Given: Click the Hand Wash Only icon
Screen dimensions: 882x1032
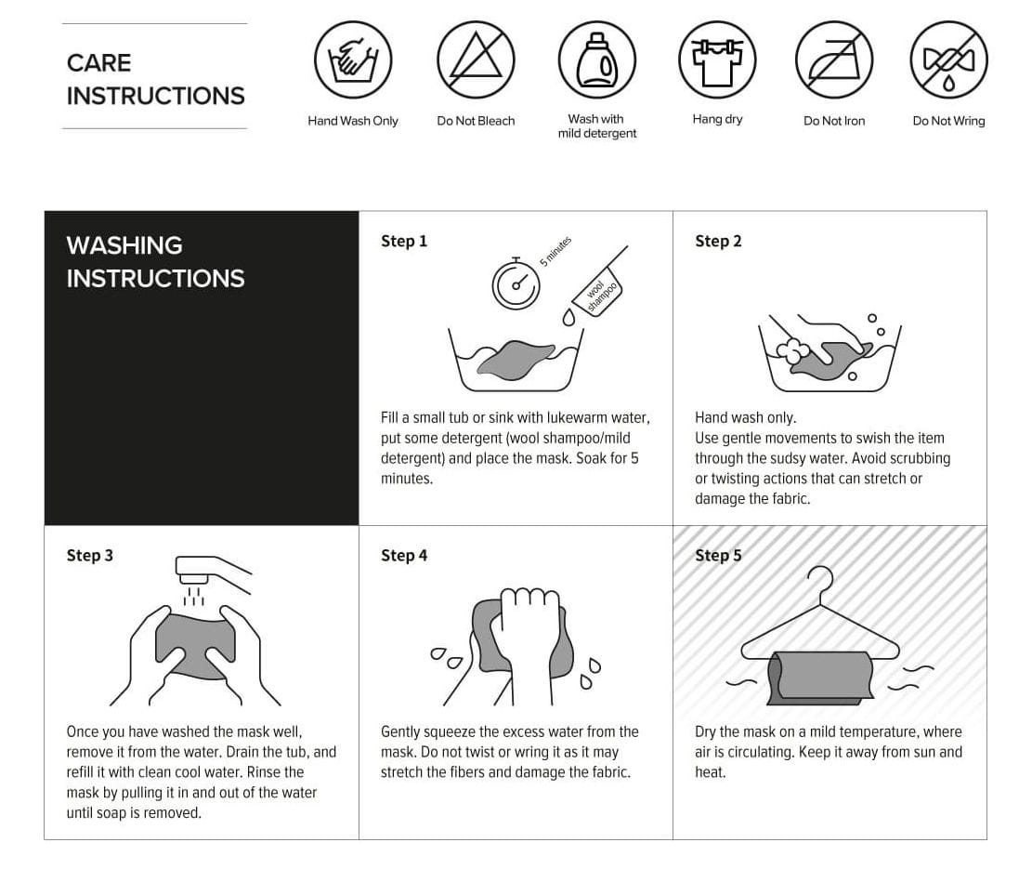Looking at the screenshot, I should point(353,59).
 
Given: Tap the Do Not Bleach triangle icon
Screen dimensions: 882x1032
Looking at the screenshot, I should point(476,59).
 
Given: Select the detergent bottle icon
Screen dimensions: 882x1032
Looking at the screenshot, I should point(596,59).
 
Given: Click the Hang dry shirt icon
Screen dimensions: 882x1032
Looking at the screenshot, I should point(717,59).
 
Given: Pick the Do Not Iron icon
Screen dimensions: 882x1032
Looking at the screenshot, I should point(834,59).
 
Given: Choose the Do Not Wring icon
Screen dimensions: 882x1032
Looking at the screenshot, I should point(948,59).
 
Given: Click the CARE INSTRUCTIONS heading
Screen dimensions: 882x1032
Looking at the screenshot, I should point(155,79).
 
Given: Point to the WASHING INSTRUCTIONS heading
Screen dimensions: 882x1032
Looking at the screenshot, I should point(155,261).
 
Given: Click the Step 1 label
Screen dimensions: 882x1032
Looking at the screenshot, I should point(404,241).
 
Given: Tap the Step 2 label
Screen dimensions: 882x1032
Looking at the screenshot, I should point(718,241).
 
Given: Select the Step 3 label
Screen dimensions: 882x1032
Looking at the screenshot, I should point(90,555).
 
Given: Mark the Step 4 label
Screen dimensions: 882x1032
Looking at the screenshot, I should point(404,555).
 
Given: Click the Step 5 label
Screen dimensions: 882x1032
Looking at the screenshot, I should point(718,555).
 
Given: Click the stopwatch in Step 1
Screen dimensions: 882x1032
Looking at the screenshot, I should point(516,283).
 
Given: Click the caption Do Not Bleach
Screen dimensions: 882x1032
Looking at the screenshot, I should point(476,121).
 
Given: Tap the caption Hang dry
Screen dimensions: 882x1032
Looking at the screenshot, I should point(717,119).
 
